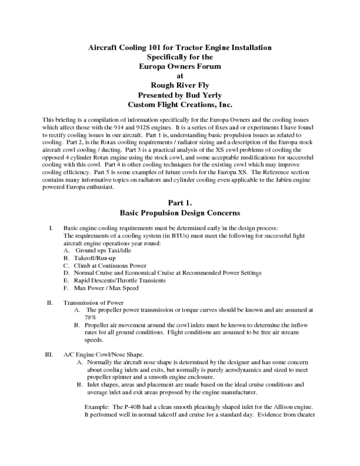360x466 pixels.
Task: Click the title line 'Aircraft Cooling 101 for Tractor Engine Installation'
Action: click(x=179, y=46)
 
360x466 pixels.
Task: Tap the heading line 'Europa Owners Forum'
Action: click(x=179, y=66)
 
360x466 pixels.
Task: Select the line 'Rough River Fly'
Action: click(x=179, y=85)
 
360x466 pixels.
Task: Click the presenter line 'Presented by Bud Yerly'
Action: click(x=179, y=95)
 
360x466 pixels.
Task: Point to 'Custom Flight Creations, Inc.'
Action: click(x=179, y=105)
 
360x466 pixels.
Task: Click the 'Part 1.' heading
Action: click(x=179, y=203)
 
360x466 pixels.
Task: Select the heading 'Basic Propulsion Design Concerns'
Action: click(x=179, y=213)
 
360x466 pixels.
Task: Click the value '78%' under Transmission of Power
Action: click(x=90, y=318)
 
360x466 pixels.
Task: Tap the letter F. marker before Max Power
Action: click(x=66, y=288)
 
